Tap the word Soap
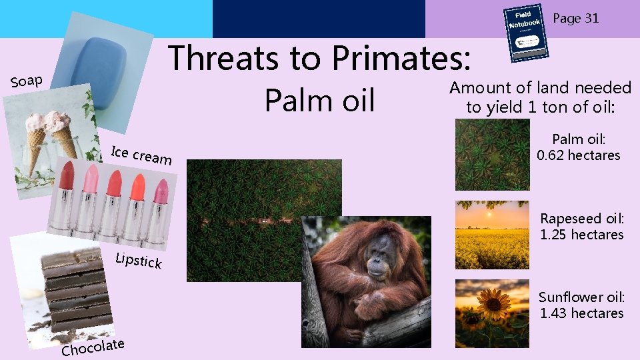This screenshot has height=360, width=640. [27, 81]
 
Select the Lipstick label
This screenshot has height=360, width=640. [138, 261]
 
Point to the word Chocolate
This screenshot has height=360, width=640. [93, 347]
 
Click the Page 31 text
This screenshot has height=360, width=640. [576, 18]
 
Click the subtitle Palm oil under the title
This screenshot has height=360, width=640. [319, 101]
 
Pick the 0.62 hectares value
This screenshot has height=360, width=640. [578, 155]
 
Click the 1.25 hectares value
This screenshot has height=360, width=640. [581, 235]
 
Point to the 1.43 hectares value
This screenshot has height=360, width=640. [581, 313]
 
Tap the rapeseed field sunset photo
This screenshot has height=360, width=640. [492, 235]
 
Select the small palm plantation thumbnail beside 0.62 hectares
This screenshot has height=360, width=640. [492, 155]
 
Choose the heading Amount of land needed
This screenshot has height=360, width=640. [540, 88]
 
